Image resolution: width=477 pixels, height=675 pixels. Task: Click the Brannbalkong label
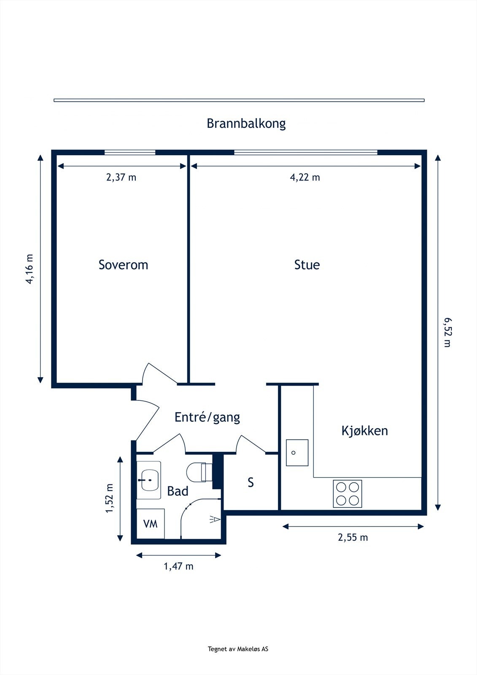246,124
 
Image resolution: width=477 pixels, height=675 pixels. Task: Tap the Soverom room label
123,265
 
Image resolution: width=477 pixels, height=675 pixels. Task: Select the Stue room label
307,265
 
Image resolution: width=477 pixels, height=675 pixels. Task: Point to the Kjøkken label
364,431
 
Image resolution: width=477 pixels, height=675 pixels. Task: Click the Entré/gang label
207,417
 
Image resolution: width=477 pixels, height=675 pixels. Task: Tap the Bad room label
178,491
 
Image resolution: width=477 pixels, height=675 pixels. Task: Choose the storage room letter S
251,482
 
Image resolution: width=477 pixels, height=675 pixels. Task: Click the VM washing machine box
151,524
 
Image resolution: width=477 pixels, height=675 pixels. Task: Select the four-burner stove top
348,494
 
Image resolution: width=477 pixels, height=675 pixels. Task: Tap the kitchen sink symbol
297,453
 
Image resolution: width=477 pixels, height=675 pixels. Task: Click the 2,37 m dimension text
121,177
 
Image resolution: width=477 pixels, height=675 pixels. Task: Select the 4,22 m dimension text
305,177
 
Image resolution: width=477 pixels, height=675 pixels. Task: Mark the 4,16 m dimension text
30,269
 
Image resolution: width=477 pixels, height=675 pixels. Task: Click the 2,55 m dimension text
353,537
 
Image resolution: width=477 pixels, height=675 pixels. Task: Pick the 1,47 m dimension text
178,566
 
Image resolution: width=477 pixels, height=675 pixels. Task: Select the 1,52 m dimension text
110,498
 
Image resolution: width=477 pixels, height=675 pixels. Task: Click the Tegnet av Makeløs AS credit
238,649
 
